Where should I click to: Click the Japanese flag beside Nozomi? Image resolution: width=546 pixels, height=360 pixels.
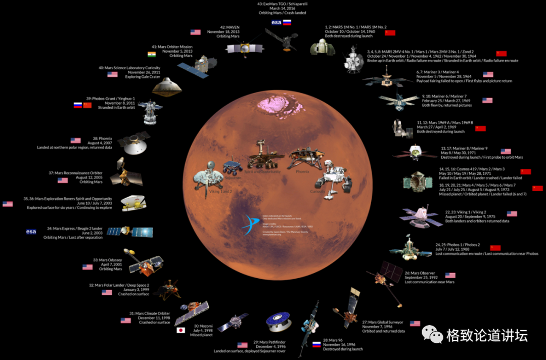tap(180, 330)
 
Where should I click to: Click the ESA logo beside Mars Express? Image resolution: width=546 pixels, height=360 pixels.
tap(31, 232)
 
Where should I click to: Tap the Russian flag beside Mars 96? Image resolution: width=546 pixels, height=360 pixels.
tap(317, 344)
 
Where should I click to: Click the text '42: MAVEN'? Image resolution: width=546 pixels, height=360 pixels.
tap(230, 26)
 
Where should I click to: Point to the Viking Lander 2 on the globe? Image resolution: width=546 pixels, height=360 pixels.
tap(208, 178)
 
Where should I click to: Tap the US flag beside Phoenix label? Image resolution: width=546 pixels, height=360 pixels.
tap(75, 141)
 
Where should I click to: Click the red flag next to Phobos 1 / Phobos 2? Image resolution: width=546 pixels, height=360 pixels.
tap(495, 248)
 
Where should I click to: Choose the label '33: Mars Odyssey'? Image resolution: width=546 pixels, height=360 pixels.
tap(107, 260)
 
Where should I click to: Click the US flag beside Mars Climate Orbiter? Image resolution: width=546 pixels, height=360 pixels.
tap(126, 320)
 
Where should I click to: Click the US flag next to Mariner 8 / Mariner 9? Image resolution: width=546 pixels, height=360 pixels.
tap(506, 151)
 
